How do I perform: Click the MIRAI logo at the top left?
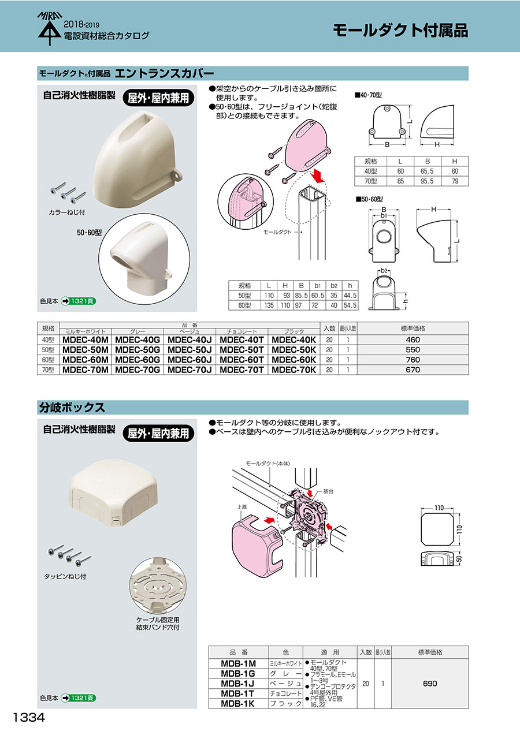pyautogui.click(x=49, y=28)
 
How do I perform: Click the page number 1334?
pyautogui.click(x=28, y=717)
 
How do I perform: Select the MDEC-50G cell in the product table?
pyautogui.click(x=138, y=350)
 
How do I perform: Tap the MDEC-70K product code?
pyautogui.click(x=294, y=370)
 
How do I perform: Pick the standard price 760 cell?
pyautogui.click(x=413, y=360)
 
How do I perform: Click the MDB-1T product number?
pyautogui.click(x=238, y=693)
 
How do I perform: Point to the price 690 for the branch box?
pyautogui.click(x=430, y=684)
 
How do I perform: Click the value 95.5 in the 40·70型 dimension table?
pyautogui.click(x=427, y=181)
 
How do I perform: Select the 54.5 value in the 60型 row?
pyautogui.click(x=350, y=305)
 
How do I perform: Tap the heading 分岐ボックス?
pyautogui.click(x=72, y=407)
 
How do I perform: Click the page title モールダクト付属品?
pyautogui.click(x=400, y=30)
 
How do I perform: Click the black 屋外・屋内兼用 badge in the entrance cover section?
pyautogui.click(x=158, y=98)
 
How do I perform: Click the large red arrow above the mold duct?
pyautogui.click(x=317, y=175)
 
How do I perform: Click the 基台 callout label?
pyautogui.click(x=328, y=491)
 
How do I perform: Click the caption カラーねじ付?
pyautogui.click(x=66, y=212)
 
